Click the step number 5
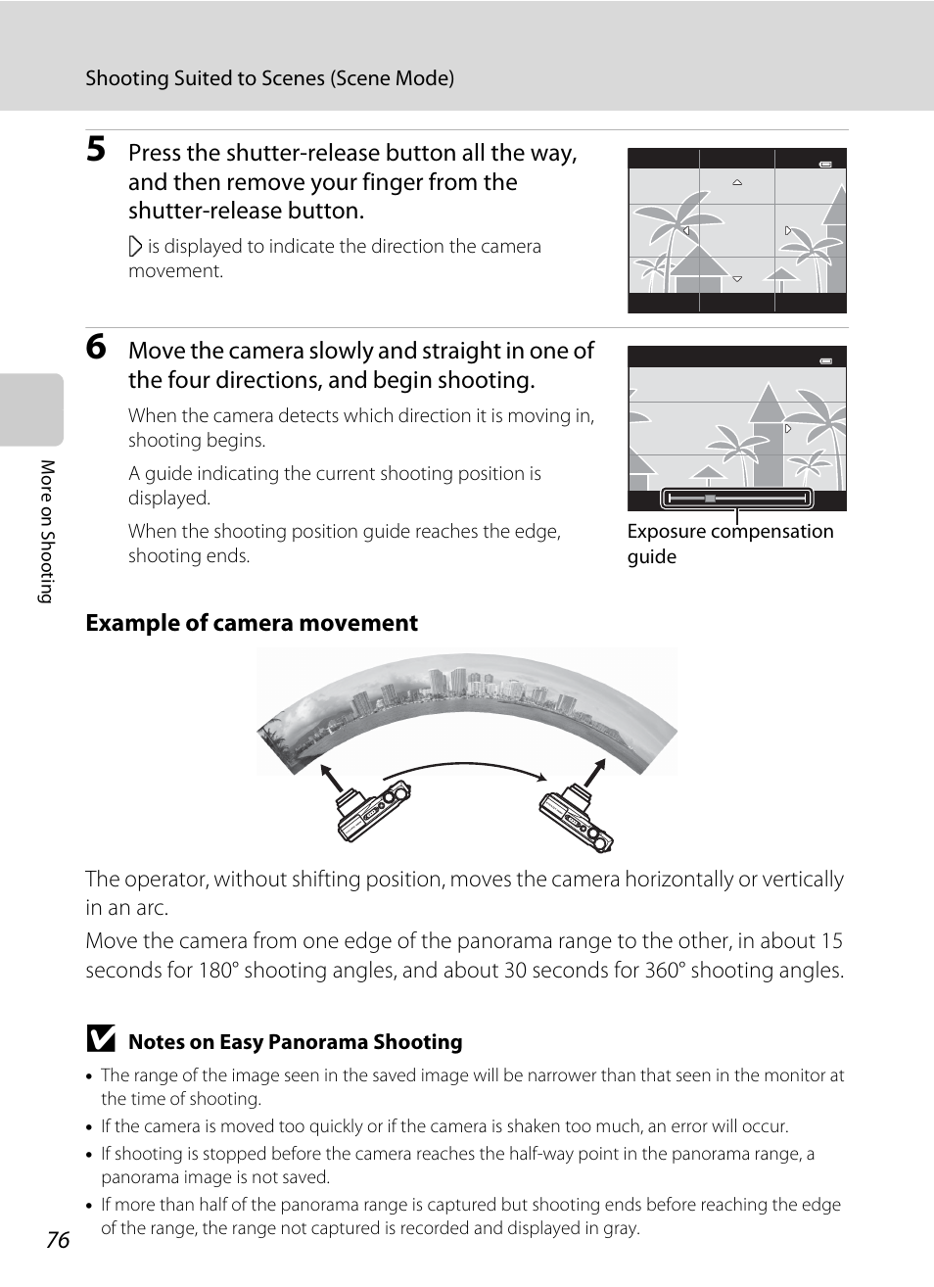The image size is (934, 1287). (x=96, y=149)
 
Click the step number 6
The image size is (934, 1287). (x=96, y=347)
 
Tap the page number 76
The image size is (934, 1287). (x=58, y=1239)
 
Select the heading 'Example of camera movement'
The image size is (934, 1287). (x=252, y=623)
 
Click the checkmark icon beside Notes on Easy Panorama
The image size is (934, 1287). (x=100, y=1039)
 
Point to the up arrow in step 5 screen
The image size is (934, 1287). (x=737, y=182)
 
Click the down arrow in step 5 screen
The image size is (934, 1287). (x=737, y=279)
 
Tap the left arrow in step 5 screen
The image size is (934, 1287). (x=686, y=231)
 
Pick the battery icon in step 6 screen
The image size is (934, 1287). (x=825, y=360)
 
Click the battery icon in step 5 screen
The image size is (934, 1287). (x=825, y=165)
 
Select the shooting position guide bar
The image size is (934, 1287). (x=736, y=499)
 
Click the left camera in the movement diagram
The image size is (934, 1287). (x=372, y=812)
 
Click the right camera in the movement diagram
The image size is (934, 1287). (x=577, y=819)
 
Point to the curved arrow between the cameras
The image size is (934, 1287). (x=465, y=769)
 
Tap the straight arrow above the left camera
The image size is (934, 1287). (x=332, y=778)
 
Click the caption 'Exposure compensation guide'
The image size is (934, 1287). (x=729, y=544)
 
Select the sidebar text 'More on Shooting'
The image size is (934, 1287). (x=46, y=531)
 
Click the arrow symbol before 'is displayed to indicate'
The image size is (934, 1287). (x=135, y=247)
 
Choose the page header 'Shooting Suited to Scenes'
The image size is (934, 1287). (x=269, y=78)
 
